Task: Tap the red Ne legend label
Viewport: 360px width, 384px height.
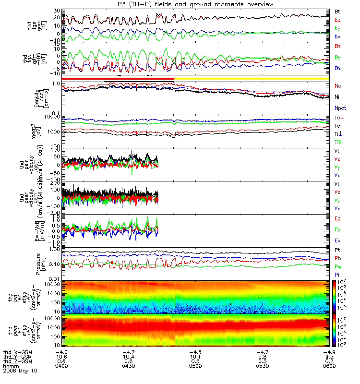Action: point(338,85)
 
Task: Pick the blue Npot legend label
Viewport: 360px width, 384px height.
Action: point(340,108)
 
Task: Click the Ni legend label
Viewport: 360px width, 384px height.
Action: point(337,96)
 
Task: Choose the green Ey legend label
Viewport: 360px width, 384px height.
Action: point(337,229)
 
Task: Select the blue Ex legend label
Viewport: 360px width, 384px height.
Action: point(337,240)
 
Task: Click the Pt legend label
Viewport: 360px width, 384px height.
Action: point(337,251)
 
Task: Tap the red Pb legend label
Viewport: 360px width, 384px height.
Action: point(337,258)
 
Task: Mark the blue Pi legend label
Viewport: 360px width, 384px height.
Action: point(337,274)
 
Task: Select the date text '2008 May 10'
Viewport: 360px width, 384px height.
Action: point(20,371)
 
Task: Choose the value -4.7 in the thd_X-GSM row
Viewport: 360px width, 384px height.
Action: point(259,352)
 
